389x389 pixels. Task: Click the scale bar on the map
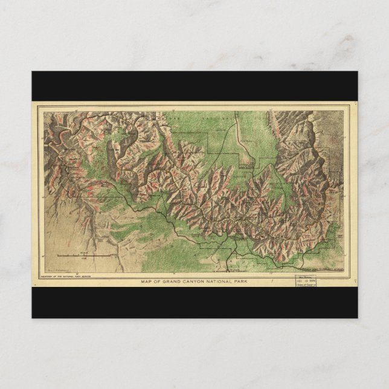click(x=91, y=257)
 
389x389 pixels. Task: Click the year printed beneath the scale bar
click(x=91, y=261)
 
